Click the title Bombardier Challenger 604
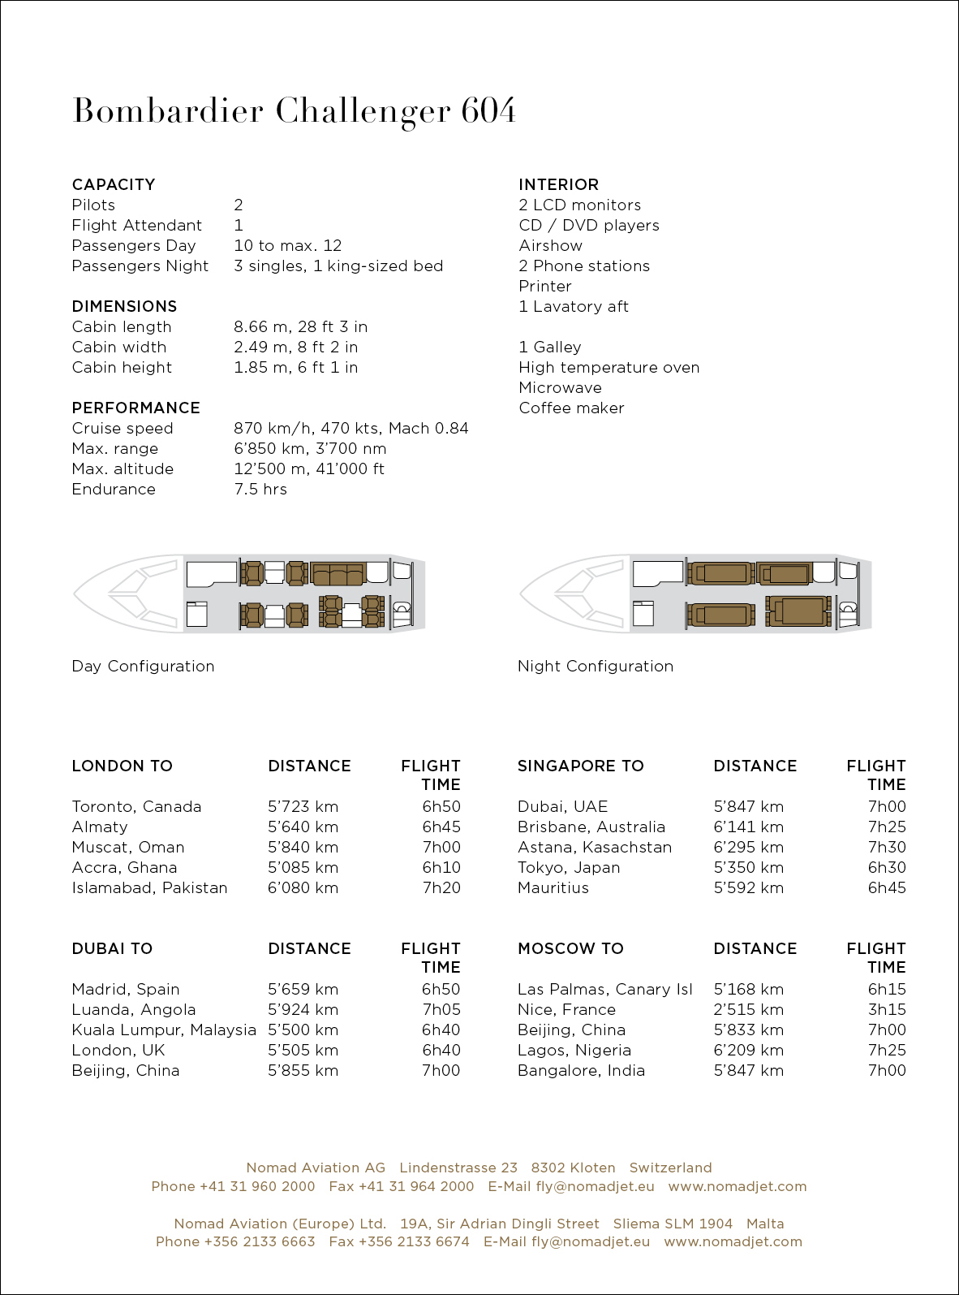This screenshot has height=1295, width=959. tap(294, 111)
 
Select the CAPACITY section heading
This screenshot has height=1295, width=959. tap(113, 184)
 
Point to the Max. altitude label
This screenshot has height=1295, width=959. tap(123, 468)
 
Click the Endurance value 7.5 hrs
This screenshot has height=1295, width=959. tap(260, 489)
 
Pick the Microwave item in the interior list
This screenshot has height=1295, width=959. tap(560, 387)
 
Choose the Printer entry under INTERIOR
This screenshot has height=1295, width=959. tap(544, 286)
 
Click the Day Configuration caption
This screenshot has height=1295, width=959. tap(143, 666)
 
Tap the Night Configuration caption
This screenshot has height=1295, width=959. tap(595, 666)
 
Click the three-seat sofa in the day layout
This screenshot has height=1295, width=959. tap(338, 572)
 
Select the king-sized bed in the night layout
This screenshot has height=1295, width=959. tap(799, 611)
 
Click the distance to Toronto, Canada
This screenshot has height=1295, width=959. tap(303, 806)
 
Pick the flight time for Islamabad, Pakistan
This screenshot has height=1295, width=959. tap(441, 887)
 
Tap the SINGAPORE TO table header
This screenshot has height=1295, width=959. tap(580, 766)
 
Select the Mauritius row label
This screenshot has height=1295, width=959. tap(553, 887)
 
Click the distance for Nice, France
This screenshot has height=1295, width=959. tap(748, 1009)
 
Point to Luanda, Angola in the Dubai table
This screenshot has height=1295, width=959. tap(133, 1009)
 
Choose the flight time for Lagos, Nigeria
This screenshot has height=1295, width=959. tap(886, 1050)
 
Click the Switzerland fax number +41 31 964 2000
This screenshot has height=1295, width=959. tap(415, 1186)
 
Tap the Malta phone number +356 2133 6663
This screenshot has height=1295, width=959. tap(259, 1241)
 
